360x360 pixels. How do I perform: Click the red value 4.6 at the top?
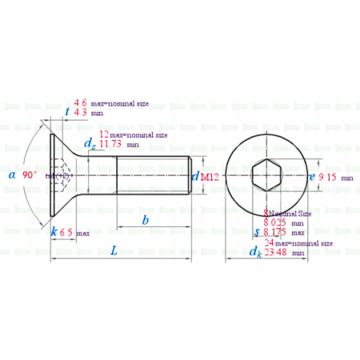tap(80, 103)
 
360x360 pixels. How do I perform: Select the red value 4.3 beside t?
tap(80, 114)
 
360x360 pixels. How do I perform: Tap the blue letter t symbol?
tap(66, 113)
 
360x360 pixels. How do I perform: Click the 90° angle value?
tap(30, 174)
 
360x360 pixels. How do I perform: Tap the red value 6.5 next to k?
tap(66, 231)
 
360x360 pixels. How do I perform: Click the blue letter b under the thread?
tap(145, 219)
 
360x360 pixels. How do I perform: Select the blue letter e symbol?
tap(311, 177)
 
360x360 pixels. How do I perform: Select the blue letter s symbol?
tap(256, 232)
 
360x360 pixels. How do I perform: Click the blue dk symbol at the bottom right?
tap(255, 252)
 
